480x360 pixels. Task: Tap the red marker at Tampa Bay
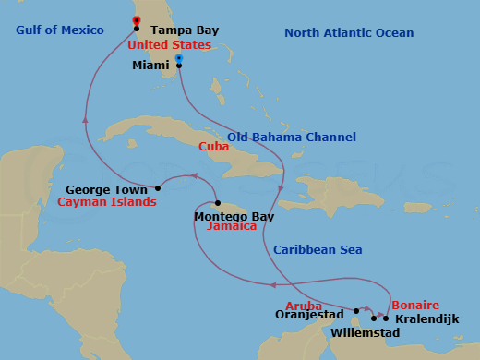(x=137, y=20)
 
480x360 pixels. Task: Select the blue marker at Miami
(x=178, y=58)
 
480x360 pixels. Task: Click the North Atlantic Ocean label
(x=349, y=33)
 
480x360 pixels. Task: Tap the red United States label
(x=169, y=45)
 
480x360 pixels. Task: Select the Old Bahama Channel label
(x=292, y=137)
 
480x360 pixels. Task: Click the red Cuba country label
(x=213, y=147)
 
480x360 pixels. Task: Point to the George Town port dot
(x=158, y=188)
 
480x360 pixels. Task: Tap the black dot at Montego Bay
(x=217, y=203)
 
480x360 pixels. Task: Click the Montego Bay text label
(x=234, y=216)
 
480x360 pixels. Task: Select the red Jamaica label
(x=231, y=226)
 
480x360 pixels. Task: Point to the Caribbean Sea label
(x=318, y=249)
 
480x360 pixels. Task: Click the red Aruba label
(x=304, y=304)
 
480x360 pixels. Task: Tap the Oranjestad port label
(x=309, y=314)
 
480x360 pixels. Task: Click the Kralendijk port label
(x=426, y=318)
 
